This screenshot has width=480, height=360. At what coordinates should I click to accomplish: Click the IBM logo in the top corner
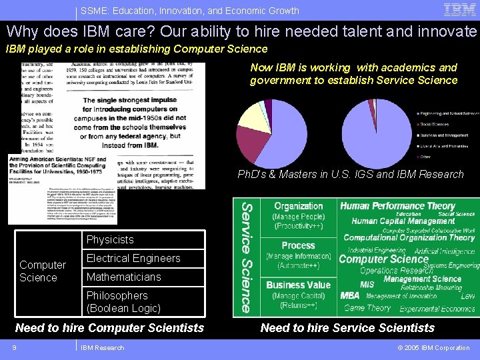pyautogui.click(x=460, y=10)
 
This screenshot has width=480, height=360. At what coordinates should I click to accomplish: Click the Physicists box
pyautogui.click(x=144, y=240)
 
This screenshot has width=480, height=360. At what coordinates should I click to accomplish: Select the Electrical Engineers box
pyautogui.click(x=144, y=259)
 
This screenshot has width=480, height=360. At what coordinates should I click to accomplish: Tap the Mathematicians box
pyautogui.click(x=144, y=277)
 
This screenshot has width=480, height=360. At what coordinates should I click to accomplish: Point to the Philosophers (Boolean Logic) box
pyautogui.click(x=144, y=302)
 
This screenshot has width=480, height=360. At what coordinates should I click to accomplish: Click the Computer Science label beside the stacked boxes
pyautogui.click(x=43, y=271)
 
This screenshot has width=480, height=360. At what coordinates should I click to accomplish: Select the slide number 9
pyautogui.click(x=13, y=347)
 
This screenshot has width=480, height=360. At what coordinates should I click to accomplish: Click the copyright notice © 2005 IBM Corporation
pyautogui.click(x=433, y=347)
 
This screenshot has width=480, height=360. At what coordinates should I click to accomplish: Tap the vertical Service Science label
pyautogui.click(x=246, y=257)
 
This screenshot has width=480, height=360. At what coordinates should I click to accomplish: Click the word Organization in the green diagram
pyautogui.click(x=299, y=207)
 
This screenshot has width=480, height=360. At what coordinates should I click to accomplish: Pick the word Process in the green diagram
pyautogui.click(x=298, y=245)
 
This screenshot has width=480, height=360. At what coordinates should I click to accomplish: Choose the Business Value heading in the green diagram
pyautogui.click(x=298, y=285)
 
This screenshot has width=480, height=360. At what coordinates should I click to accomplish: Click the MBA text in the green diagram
pyautogui.click(x=350, y=295)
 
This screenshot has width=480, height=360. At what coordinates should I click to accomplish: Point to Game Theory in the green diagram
pyautogui.click(x=367, y=308)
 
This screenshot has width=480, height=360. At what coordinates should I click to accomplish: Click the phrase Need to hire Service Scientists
pyautogui.click(x=347, y=327)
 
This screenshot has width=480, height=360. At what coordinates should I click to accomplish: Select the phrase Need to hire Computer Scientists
pyautogui.click(x=109, y=327)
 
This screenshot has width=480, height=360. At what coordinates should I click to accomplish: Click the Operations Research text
pyautogui.click(x=396, y=270)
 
